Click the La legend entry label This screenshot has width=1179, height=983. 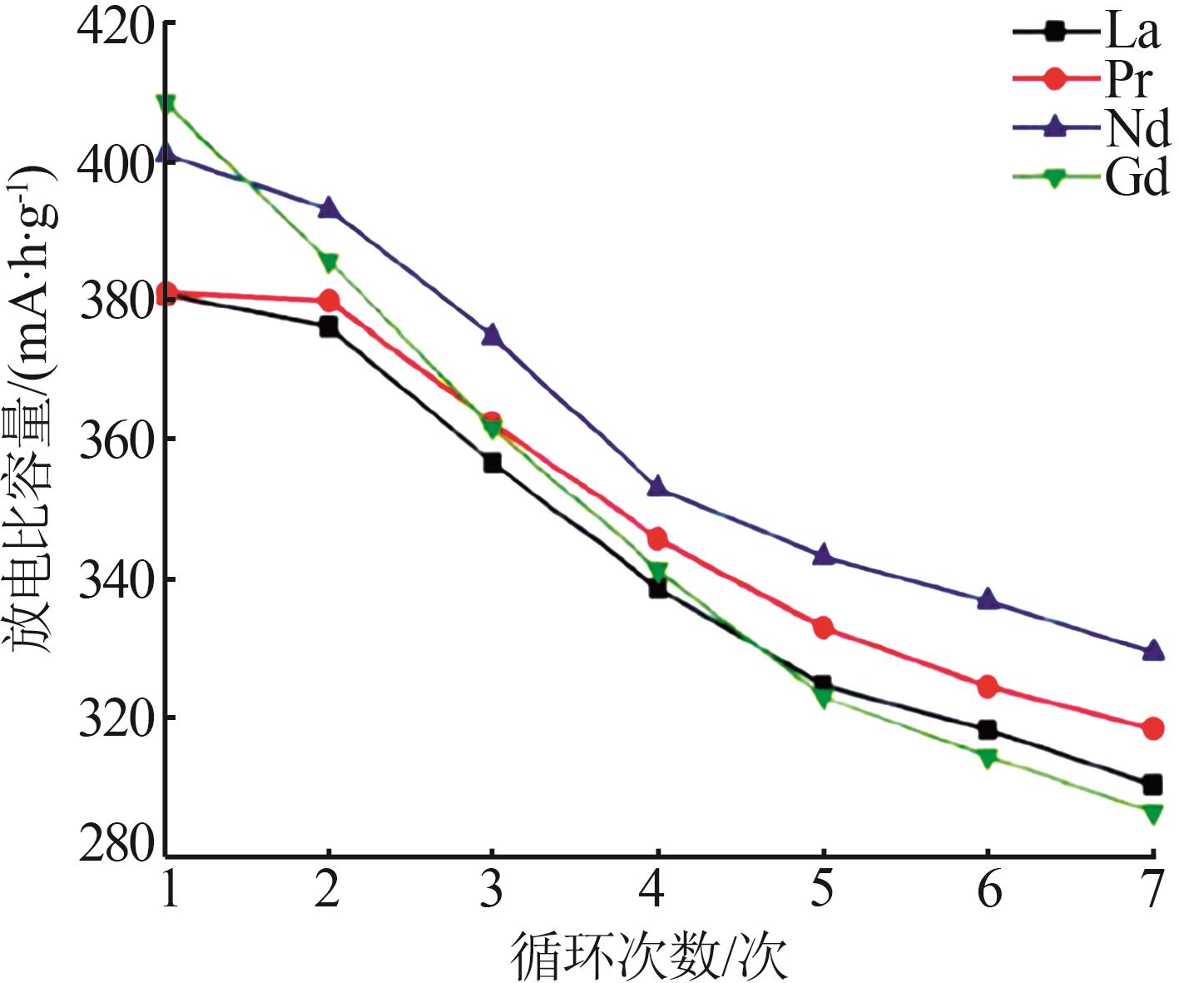click(x=1132, y=32)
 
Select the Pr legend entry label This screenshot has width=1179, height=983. click(x=1128, y=80)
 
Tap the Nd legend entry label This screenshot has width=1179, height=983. click(x=1137, y=129)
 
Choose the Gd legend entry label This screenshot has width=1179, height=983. click(x=1137, y=177)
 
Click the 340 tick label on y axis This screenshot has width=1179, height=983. click(x=116, y=579)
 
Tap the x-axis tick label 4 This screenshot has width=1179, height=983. click(x=656, y=888)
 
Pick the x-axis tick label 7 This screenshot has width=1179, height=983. click(x=1152, y=888)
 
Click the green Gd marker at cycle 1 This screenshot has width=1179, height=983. click(x=166, y=103)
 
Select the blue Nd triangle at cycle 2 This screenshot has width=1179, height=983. click(x=329, y=208)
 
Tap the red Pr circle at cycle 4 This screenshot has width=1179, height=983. click(x=657, y=539)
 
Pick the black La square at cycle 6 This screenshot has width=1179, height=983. click(x=988, y=730)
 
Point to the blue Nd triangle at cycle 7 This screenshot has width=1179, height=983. click(x=1152, y=651)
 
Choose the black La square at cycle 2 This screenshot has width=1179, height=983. click(x=329, y=326)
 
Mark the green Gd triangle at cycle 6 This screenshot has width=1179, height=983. click(x=988, y=757)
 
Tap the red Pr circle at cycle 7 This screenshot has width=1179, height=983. click(x=1152, y=728)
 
